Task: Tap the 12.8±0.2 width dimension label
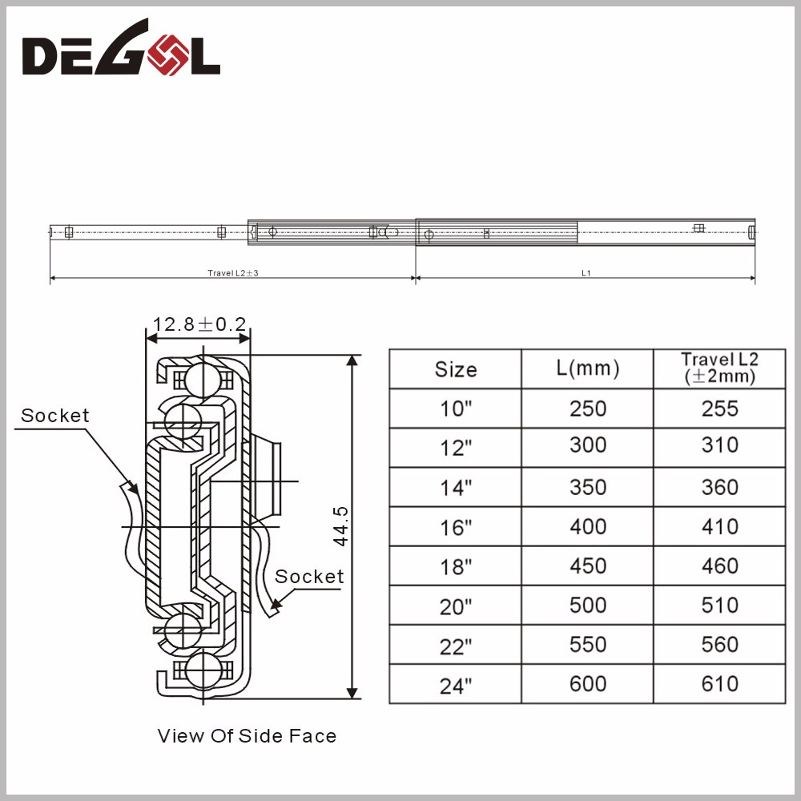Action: [199, 324]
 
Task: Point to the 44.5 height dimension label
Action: [340, 525]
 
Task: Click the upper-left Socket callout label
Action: [55, 415]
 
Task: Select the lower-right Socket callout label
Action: [309, 576]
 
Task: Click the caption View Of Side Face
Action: [247, 735]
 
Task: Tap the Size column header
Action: [456, 369]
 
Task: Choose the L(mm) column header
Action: [588, 368]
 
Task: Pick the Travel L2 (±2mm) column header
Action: [719, 368]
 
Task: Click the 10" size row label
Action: [456, 409]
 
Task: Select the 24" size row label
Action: [456, 686]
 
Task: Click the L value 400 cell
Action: [588, 526]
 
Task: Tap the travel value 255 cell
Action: [719, 409]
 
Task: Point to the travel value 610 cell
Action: [719, 684]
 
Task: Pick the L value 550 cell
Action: [588, 645]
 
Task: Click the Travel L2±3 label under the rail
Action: [232, 273]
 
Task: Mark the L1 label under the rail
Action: [586, 273]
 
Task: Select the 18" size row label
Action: [456, 567]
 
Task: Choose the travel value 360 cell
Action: [719, 487]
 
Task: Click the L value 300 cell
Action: [588, 446]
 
